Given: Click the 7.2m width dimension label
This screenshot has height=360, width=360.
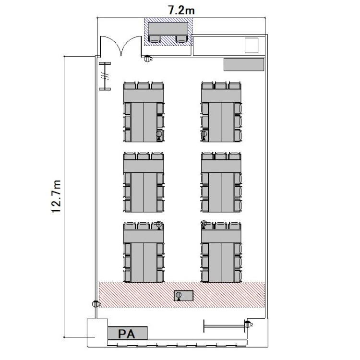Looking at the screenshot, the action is coord(181,11).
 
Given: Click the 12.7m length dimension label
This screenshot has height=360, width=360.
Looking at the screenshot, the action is coord(57,197).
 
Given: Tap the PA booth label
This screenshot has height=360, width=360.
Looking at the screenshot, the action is coord(126,334).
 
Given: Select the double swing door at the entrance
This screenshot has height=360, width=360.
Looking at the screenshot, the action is coord(121,46).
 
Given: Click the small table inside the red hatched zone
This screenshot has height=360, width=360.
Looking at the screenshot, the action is coord(183,296).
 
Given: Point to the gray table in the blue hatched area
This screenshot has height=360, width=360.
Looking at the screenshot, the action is coord(168,29).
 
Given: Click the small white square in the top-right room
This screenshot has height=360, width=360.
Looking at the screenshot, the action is coord(252,46).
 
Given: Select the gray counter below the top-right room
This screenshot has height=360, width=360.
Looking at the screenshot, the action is coord(244,64).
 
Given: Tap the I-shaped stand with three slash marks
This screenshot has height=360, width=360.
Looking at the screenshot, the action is coord(105,76).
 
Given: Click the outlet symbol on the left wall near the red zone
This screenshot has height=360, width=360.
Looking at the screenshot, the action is coord(96,304).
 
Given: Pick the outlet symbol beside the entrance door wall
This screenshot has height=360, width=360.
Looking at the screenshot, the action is coord(147,59).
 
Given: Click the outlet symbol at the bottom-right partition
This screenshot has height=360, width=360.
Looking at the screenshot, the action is coord(248,324).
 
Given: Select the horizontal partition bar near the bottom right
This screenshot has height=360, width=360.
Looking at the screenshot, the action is coord(224,326).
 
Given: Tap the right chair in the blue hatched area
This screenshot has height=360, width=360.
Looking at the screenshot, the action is coord(182,39).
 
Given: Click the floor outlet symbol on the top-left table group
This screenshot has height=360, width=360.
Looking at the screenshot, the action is coord(159,135).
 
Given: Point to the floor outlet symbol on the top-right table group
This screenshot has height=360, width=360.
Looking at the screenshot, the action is coord(204,135).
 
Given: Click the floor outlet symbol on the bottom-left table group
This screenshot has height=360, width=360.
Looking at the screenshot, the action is coord(159,225).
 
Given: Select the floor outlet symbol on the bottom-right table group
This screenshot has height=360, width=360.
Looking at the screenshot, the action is coord(204,224).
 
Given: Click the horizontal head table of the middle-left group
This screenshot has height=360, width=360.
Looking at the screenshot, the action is coord(144,166).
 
